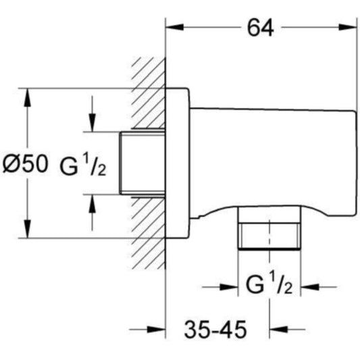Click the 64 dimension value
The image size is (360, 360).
coord(260,28)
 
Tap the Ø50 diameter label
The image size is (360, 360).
coord(26,163)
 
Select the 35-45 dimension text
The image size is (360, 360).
coord(215,330)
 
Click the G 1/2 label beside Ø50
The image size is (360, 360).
coord(83,164)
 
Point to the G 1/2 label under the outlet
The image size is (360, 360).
coord(269,282)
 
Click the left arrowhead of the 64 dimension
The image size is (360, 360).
coord(175,27)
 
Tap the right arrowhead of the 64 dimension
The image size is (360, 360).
coord(348,27)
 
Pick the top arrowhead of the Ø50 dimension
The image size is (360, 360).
coord(27,97)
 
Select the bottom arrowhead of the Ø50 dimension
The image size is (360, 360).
coord(27,229)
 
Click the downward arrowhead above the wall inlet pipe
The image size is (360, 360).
coord(93,123)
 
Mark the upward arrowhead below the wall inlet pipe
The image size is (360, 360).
coord(93,203)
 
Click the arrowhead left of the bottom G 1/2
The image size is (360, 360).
coord(229,287)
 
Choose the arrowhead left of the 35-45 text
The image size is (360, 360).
coord(156,330)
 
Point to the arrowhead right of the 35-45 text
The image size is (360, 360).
coord(279,330)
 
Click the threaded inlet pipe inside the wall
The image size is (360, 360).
coord(143,163)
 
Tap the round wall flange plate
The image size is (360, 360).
coord(178,163)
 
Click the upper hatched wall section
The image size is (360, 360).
coord(149,94)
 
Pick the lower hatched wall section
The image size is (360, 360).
coord(149,233)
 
